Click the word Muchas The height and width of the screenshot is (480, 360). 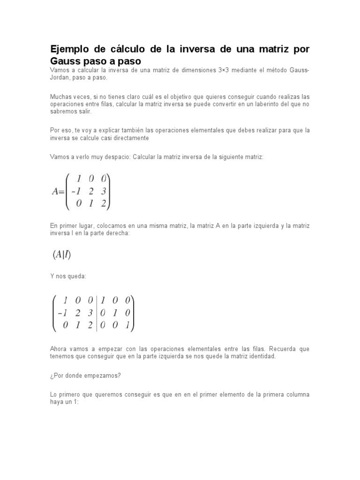point(60,96)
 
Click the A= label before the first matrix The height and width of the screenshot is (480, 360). point(57,191)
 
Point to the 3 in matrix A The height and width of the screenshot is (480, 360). point(104,191)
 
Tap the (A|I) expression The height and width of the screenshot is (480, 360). point(61,255)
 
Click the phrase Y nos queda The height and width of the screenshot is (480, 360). point(68,277)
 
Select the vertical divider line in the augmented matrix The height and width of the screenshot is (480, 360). point(97,313)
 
